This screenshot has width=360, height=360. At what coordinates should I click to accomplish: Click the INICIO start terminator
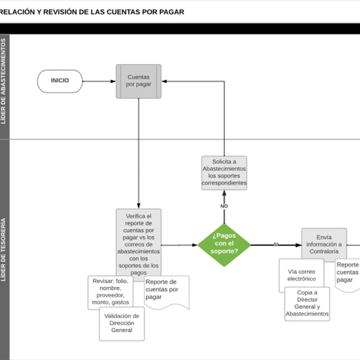(x=60, y=81)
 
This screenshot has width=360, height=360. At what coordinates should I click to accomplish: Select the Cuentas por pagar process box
(x=139, y=81)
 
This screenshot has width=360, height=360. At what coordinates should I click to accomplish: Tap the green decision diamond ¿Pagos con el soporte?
(x=224, y=245)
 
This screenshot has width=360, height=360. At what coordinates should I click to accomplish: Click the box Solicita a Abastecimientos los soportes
(x=224, y=173)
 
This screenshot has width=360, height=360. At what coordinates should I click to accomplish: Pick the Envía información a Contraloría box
(x=324, y=244)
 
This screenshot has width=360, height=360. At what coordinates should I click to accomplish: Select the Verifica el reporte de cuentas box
(x=139, y=243)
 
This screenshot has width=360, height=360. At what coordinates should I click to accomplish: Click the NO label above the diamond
(x=224, y=206)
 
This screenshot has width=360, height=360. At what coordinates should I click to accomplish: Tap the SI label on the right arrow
(x=276, y=244)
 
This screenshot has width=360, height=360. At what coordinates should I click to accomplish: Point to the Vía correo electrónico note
(x=301, y=275)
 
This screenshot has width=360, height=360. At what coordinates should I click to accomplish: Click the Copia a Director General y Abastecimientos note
(x=307, y=304)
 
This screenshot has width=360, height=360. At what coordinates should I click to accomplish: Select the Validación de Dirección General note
(x=122, y=323)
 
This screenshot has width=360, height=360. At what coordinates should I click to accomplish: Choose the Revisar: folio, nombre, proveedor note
(x=111, y=292)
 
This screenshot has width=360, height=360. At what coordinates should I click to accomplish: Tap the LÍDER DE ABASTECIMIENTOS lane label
(x=4, y=81)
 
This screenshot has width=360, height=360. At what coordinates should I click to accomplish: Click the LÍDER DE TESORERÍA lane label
(x=4, y=250)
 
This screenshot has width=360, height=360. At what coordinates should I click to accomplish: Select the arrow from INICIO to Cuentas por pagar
(x=99, y=81)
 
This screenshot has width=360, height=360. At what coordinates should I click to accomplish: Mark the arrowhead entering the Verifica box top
(x=139, y=206)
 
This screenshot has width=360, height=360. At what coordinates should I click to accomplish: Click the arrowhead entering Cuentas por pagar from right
(x=165, y=81)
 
